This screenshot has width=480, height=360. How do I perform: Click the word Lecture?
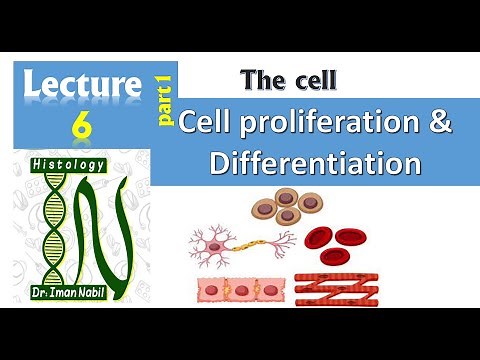tap(85, 86)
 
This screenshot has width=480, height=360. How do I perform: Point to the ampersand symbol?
tap(436, 127)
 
